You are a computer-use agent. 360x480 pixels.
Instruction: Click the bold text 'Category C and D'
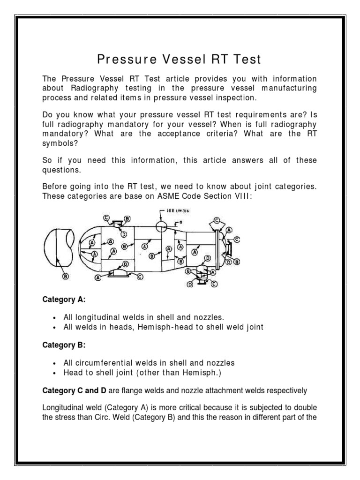click(70, 390)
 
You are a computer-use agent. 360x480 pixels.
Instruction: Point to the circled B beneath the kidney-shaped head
click(66, 276)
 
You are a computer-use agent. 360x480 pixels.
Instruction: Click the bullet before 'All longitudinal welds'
click(56, 318)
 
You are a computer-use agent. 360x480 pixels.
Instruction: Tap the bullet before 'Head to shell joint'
click(56, 373)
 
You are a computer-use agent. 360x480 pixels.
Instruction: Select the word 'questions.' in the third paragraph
click(60, 170)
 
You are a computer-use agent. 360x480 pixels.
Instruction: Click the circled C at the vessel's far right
click(237, 239)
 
